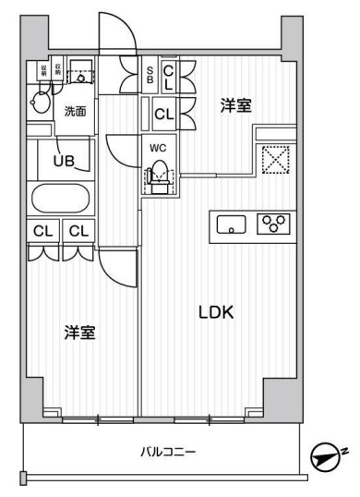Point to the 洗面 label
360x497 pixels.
[75, 112]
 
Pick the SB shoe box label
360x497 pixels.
[151, 72]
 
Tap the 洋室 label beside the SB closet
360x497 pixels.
[234, 105]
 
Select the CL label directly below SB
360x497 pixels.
[163, 115]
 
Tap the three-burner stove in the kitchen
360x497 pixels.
[274, 223]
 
